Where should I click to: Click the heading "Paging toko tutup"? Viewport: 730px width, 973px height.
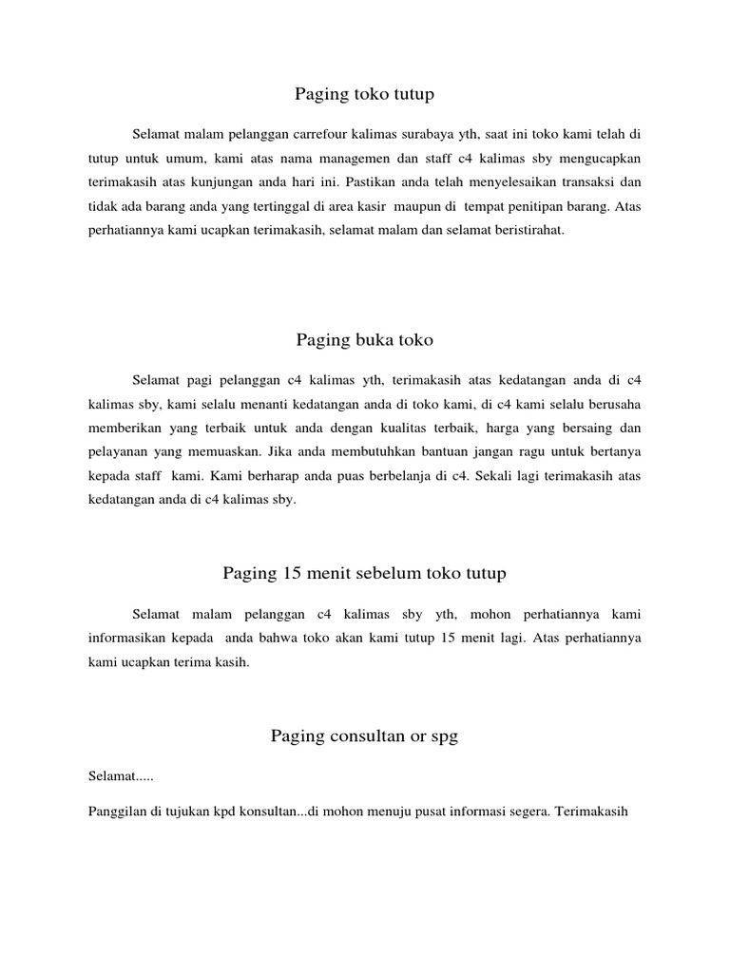(x=364, y=94)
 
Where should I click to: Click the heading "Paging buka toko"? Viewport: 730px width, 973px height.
(x=364, y=339)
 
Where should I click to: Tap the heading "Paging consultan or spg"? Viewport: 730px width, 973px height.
(x=364, y=736)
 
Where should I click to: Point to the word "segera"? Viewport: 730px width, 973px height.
(x=527, y=812)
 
